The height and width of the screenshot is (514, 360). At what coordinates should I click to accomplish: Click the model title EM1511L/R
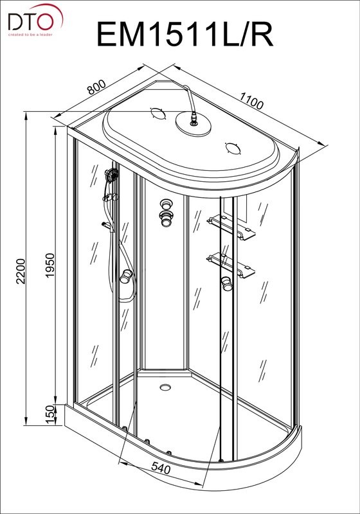185,34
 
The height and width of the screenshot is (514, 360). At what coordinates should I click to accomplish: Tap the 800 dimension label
96,87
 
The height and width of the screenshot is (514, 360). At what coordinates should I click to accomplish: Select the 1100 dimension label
251,101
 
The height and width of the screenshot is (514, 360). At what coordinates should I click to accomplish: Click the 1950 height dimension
50,265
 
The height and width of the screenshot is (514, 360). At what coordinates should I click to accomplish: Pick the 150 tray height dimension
50,414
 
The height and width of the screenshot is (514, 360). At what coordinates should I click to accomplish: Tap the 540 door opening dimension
161,468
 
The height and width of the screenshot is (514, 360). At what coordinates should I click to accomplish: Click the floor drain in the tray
166,387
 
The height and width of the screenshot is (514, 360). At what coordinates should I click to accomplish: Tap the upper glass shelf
231,227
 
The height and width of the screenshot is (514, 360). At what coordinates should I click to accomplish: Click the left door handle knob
125,276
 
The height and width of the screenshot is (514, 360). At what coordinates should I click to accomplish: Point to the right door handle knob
226,283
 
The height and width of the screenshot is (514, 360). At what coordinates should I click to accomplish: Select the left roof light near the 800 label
157,113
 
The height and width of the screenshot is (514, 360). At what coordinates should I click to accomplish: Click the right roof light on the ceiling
233,148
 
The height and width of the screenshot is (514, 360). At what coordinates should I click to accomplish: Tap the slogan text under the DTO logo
30,35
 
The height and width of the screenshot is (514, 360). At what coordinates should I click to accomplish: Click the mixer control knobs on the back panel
166,213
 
